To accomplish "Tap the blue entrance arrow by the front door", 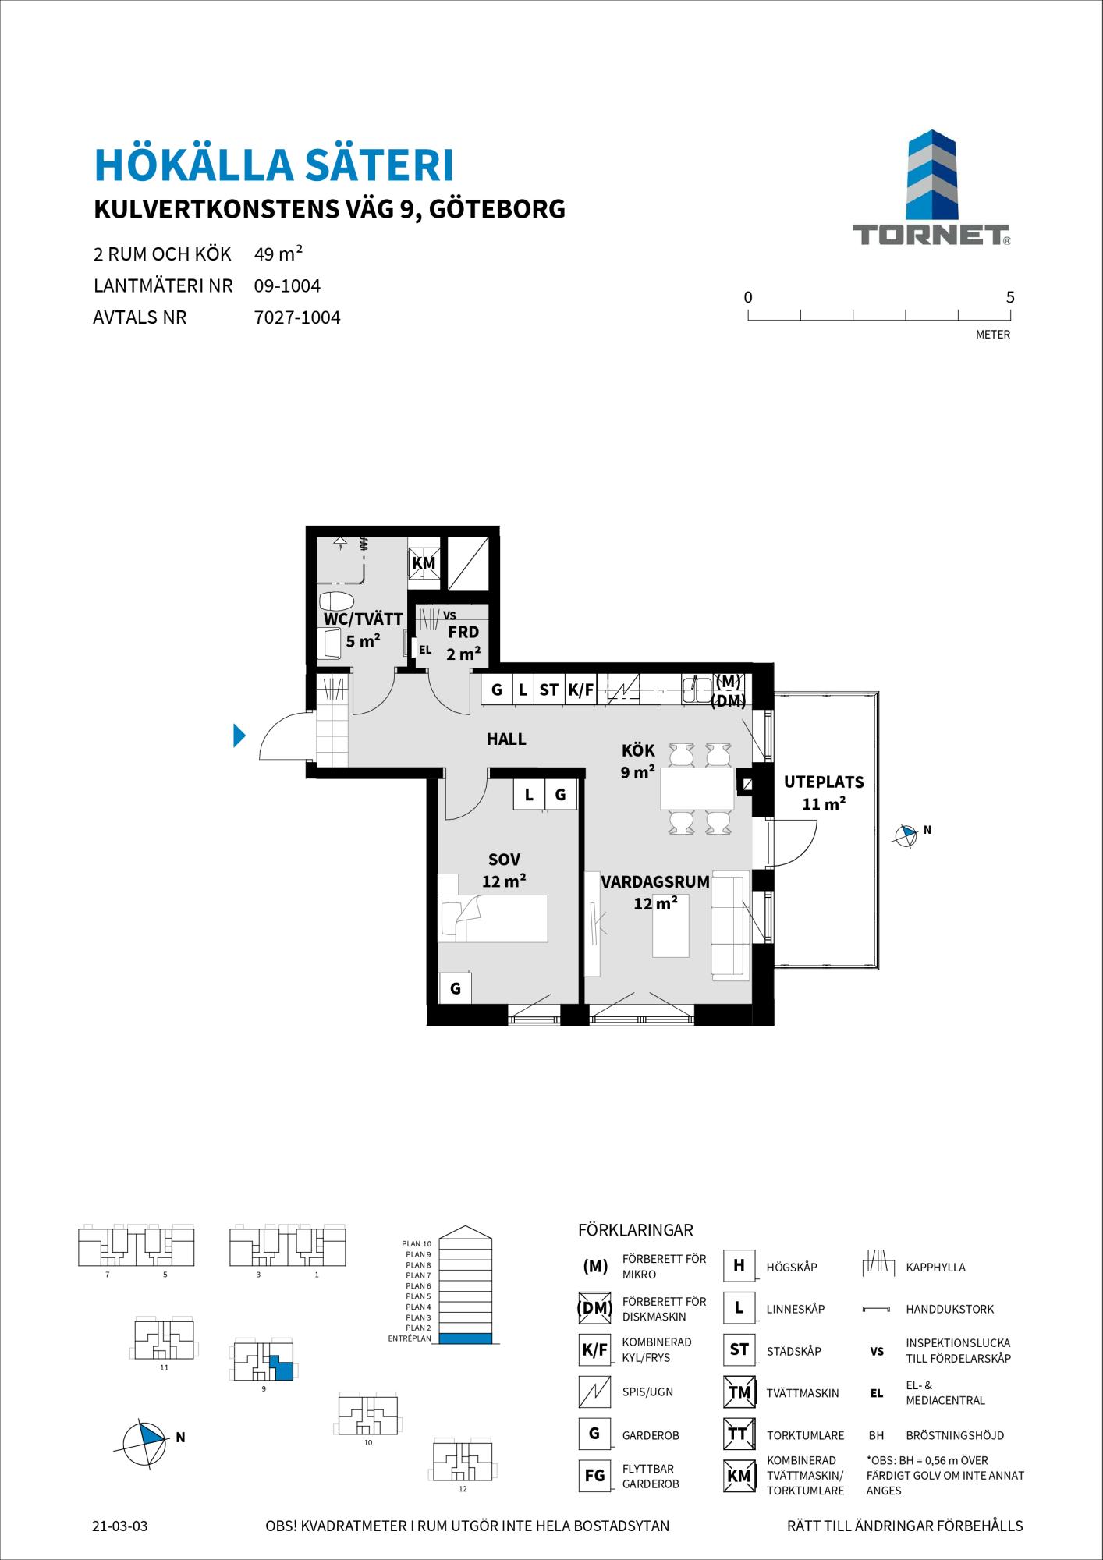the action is [x=239, y=736].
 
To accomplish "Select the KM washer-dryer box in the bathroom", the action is [x=424, y=563].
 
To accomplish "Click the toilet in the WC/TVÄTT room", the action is [x=336, y=601].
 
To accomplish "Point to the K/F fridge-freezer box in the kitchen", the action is [x=580, y=690].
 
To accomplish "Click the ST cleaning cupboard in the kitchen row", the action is [x=549, y=690].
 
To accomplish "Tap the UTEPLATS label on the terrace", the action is [x=824, y=782].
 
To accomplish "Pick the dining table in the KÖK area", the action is [x=697, y=789].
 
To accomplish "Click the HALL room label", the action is [x=506, y=739].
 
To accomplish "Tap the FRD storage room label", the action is [x=463, y=632].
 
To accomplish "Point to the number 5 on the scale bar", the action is [x=1010, y=297].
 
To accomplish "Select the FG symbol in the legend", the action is [x=594, y=1476].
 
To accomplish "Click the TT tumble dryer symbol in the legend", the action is [x=738, y=1434].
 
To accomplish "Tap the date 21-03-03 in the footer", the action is [x=120, y=1526].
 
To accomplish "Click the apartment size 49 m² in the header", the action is [x=278, y=253].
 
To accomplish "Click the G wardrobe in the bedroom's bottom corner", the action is [x=456, y=989].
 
